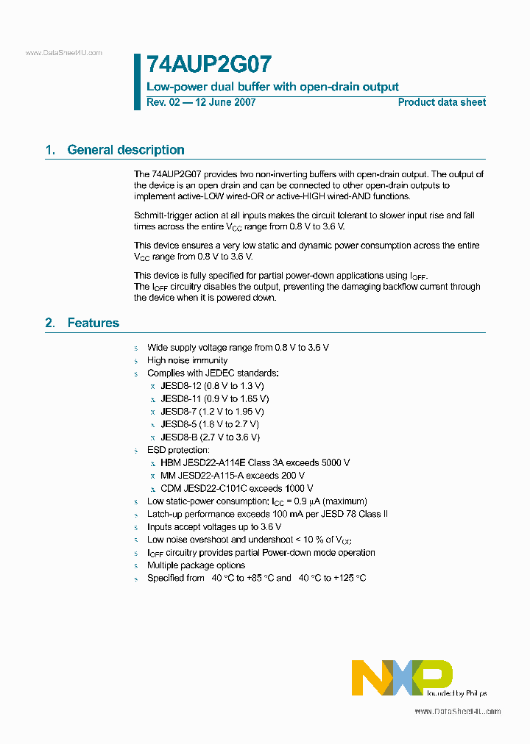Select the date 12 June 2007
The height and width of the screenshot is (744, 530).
pyautogui.click(x=225, y=102)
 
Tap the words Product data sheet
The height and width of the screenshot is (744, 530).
pyautogui.click(x=442, y=102)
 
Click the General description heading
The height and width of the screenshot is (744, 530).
pyautogui.click(x=125, y=150)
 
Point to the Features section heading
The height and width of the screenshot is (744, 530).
pyautogui.click(x=93, y=323)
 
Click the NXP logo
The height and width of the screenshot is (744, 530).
pyautogui.click(x=402, y=677)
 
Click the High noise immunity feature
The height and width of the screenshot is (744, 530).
pyautogui.click(x=187, y=360)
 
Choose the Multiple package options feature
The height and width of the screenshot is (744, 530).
pyautogui.click(x=196, y=565)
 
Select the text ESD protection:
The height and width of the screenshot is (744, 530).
pyautogui.click(x=178, y=450)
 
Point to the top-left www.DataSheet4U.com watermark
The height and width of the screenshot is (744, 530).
pyautogui.click(x=64, y=53)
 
